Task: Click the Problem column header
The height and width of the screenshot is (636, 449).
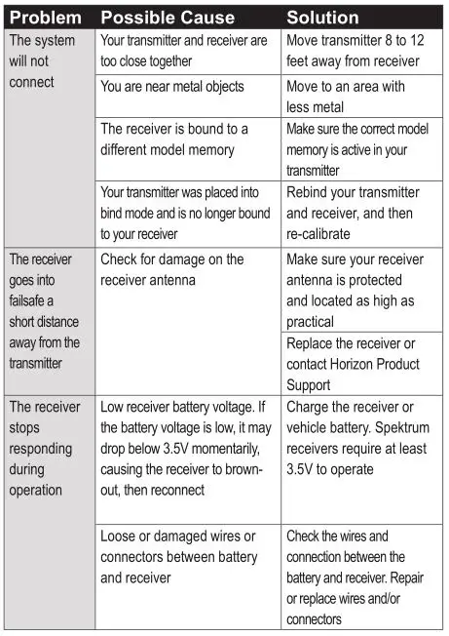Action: tap(45, 18)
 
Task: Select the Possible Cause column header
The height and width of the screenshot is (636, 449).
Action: tap(167, 18)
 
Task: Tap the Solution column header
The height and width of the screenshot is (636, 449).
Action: tap(322, 18)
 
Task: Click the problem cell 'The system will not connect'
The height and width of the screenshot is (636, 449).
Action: tap(40, 61)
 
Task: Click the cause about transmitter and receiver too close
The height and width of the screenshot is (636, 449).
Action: tap(183, 51)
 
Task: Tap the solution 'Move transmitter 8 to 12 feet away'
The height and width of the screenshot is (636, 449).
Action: tap(355, 51)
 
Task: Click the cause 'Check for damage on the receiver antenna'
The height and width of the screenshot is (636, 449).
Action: tap(171, 270)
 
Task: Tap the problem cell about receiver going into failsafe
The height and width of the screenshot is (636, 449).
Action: tap(45, 311)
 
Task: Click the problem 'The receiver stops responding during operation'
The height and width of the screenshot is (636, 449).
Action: tap(45, 448)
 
